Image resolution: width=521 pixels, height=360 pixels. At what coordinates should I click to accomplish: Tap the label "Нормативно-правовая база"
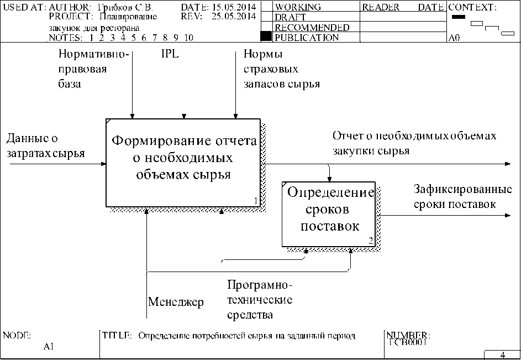[x=93, y=70]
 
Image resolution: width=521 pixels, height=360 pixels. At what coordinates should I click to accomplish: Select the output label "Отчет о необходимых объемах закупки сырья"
[x=414, y=143]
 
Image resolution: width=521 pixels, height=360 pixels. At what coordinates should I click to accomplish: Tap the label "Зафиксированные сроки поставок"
[x=462, y=197]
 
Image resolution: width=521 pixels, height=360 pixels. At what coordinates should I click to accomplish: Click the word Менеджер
[x=176, y=302]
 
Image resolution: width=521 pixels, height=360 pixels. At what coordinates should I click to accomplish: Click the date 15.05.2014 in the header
[x=230, y=8]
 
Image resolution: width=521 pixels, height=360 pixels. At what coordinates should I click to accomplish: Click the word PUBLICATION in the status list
[x=307, y=38]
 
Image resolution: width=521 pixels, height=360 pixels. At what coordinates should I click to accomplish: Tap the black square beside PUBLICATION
[x=266, y=37]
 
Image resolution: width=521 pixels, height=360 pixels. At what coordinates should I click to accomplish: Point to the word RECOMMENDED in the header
[x=312, y=28]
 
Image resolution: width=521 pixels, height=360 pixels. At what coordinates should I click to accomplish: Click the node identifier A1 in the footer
[x=49, y=347]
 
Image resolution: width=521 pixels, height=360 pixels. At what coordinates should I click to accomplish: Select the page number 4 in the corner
[x=502, y=355]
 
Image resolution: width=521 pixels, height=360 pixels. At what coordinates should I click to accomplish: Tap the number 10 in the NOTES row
[x=188, y=38]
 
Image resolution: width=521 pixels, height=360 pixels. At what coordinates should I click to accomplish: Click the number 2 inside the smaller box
[x=371, y=241]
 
